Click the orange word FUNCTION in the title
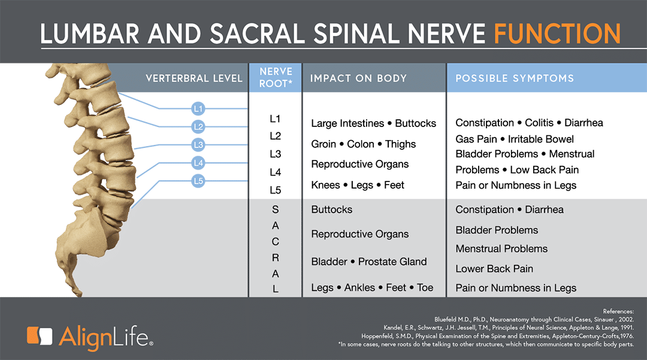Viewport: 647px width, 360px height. tap(557, 34)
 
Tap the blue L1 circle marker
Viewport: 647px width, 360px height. tap(198, 109)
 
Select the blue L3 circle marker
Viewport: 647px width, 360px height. tap(198, 145)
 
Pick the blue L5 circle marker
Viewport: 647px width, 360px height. tap(198, 181)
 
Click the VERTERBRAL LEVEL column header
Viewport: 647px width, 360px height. tap(194, 78)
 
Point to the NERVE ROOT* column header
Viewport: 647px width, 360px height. tap(276, 77)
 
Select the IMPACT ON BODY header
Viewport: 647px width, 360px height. tap(359, 78)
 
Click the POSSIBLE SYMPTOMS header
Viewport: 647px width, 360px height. tap(515, 78)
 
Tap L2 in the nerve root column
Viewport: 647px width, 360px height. tap(275, 136)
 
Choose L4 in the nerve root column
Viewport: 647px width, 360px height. tap(275, 172)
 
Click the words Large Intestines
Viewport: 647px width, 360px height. tap(347, 123)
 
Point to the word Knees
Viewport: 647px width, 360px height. tap(325, 185)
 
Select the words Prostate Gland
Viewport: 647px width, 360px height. tap(392, 261)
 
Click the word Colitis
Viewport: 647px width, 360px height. tap(539, 123)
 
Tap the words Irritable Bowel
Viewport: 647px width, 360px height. tap(540, 139)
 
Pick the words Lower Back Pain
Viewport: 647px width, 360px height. tap(494, 269)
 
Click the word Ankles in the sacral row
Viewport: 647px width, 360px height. tap(359, 288)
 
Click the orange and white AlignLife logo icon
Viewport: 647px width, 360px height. tap(40, 335)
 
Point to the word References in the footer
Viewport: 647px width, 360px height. tap(618, 311)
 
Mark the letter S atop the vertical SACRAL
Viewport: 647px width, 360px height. tap(275, 210)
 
